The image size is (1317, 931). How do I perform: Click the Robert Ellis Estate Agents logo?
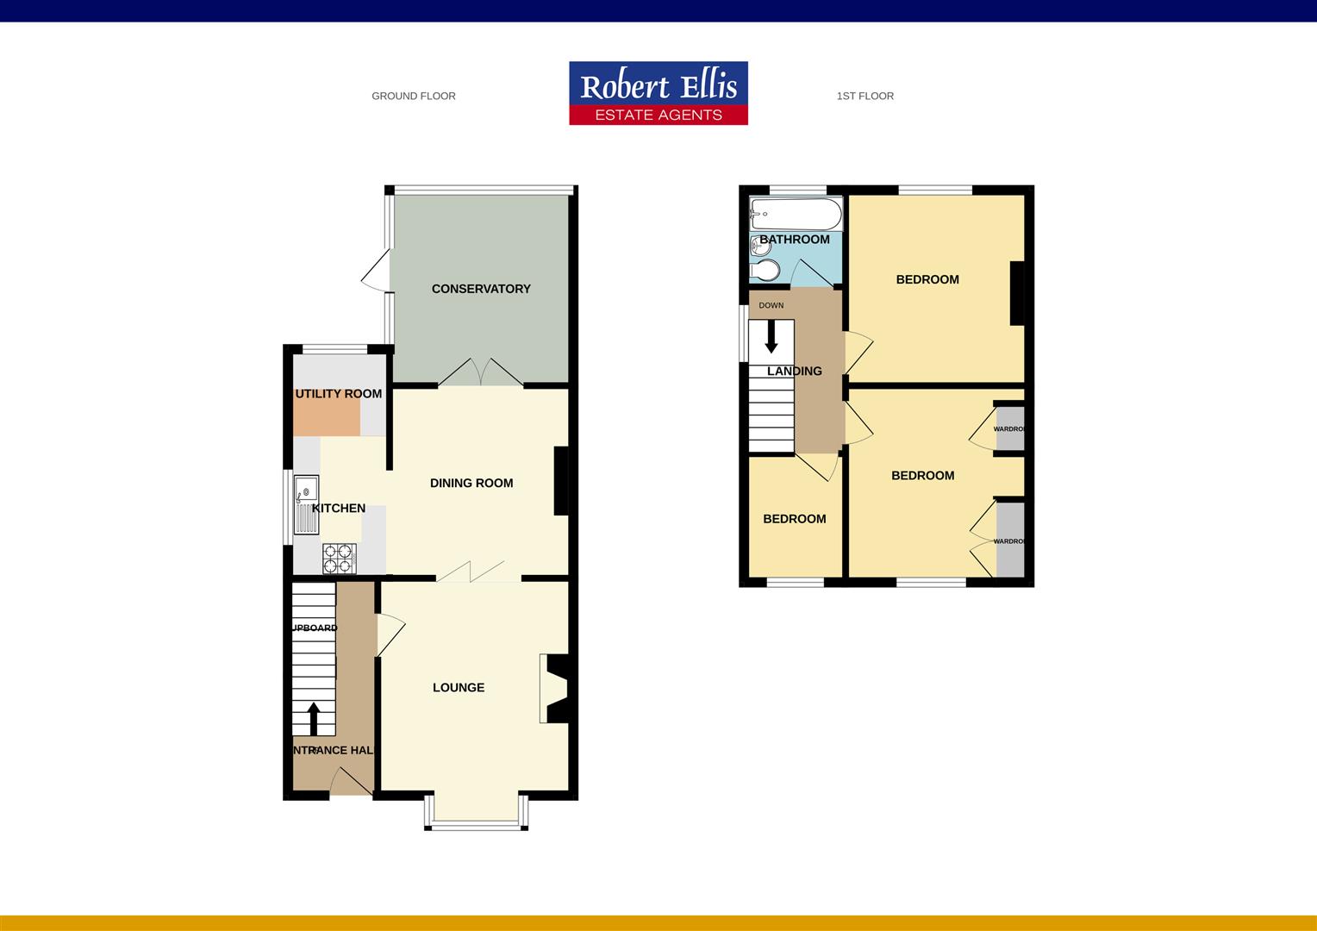658,93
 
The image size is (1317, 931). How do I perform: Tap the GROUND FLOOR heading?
414,96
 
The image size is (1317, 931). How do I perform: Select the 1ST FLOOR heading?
864,96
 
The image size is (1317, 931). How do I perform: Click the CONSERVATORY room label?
481,289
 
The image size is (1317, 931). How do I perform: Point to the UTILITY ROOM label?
339,394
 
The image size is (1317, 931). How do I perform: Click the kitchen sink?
306,504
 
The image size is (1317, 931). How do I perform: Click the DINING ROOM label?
471,483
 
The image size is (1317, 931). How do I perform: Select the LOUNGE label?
459,687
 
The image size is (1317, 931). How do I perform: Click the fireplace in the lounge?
554,688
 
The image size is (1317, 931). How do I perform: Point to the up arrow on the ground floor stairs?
314,718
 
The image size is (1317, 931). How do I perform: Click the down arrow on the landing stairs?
771,336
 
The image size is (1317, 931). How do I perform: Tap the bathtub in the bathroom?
796,213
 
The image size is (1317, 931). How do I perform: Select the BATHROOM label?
795,240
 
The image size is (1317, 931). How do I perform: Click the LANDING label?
795,372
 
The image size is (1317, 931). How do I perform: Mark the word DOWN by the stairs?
771,305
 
